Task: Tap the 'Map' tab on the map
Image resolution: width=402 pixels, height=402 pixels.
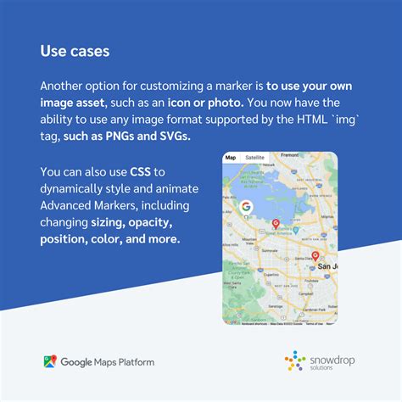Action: click(231, 159)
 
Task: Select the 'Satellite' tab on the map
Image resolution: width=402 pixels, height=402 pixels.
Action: click(254, 159)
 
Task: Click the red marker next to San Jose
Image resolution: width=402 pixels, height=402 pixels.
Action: click(315, 255)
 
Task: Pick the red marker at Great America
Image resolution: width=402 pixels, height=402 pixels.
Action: click(275, 224)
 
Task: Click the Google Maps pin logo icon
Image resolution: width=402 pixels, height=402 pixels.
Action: click(50, 362)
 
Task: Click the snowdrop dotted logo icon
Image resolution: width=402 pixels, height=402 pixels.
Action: click(295, 363)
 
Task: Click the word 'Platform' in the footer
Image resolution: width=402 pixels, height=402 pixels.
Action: click(136, 363)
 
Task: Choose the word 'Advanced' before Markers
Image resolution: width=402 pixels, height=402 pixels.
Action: click(69, 207)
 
